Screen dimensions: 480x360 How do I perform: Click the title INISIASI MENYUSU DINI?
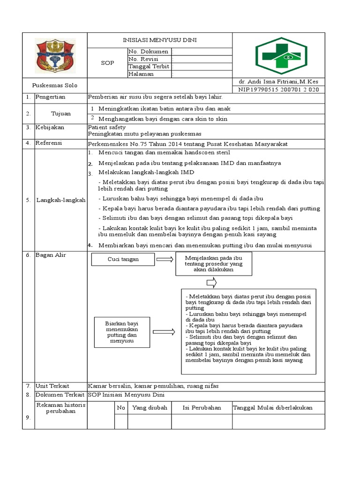[160, 40]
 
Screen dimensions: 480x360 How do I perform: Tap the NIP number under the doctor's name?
[278, 90]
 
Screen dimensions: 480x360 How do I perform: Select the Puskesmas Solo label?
[55, 85]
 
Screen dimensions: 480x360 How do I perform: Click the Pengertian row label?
[50, 97]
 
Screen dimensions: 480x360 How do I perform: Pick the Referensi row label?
[49, 143]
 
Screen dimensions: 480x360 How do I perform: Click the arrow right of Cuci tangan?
[165, 259]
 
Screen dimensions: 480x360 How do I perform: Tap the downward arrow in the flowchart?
[211, 282]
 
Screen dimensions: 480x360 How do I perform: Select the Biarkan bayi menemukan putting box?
[122, 332]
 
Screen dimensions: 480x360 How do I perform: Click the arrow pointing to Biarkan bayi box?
[163, 332]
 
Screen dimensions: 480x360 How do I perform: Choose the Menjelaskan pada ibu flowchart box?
[213, 264]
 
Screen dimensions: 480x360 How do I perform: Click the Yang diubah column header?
[150, 408]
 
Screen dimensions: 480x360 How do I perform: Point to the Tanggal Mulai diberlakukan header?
[273, 408]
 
